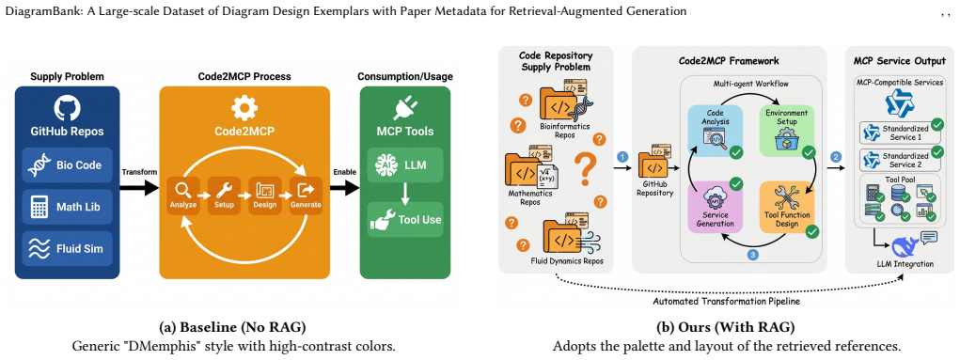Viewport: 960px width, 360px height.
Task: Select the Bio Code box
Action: tap(68, 164)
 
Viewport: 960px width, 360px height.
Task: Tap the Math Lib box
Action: tap(68, 207)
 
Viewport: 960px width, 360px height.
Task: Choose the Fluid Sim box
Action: tap(68, 248)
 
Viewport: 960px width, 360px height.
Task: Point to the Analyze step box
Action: tap(183, 195)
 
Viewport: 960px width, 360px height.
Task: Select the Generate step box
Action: tap(306, 195)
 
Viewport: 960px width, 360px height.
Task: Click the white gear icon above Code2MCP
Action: tap(244, 108)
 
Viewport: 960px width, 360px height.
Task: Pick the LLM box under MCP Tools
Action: tap(404, 164)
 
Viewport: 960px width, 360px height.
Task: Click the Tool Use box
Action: tap(404, 219)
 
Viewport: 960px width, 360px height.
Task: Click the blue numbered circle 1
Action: tap(622, 157)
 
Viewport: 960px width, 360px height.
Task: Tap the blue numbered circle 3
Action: tap(752, 254)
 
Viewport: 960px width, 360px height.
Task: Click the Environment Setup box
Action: tap(786, 129)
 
